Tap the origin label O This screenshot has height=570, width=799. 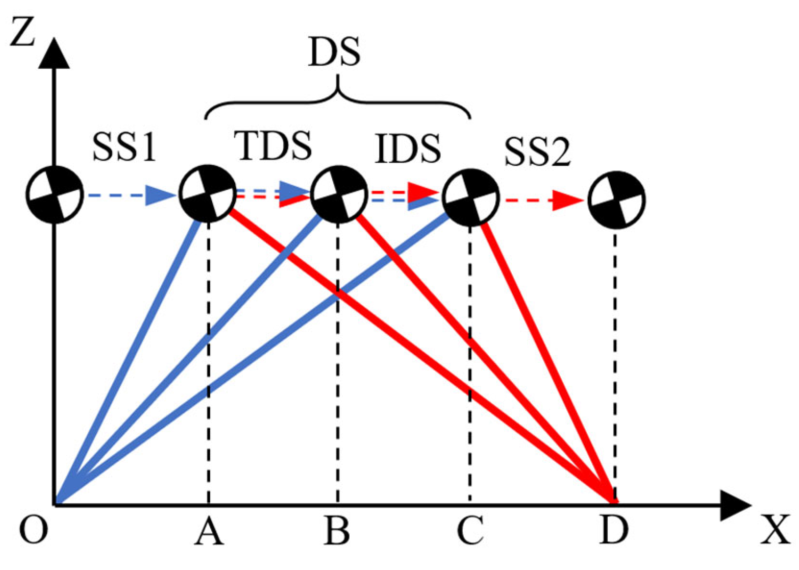[x=34, y=530]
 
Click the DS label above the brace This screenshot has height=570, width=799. [x=335, y=53]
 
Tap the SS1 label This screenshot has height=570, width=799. [x=124, y=148]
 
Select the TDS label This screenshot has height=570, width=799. [x=273, y=146]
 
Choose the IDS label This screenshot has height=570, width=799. [x=408, y=150]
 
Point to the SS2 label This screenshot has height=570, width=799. [x=537, y=153]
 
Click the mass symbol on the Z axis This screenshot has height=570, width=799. [x=55, y=194]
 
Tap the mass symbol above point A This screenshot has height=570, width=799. [x=207, y=194]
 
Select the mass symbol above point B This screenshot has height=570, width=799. [x=339, y=194]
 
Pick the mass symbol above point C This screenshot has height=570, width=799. [x=471, y=197]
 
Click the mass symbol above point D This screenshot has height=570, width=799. [x=617, y=200]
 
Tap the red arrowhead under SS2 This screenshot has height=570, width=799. [x=567, y=200]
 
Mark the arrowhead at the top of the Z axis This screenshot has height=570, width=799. [x=54, y=54]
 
